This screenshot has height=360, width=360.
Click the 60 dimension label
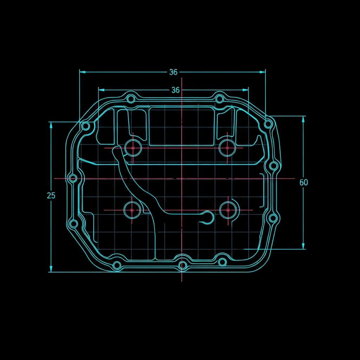(303, 182)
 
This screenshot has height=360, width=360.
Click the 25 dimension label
(51, 195)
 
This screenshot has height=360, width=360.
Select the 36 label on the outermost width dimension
(173, 72)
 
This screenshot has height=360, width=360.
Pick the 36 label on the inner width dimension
(175, 90)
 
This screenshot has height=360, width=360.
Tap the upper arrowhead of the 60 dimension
(303, 119)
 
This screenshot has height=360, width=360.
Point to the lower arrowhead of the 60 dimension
(303, 246)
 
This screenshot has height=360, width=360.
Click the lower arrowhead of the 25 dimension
(51, 269)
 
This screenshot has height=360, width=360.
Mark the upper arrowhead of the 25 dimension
(51, 125)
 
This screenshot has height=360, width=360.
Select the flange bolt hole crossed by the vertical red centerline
(182, 265)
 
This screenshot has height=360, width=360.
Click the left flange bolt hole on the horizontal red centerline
(73, 178)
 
